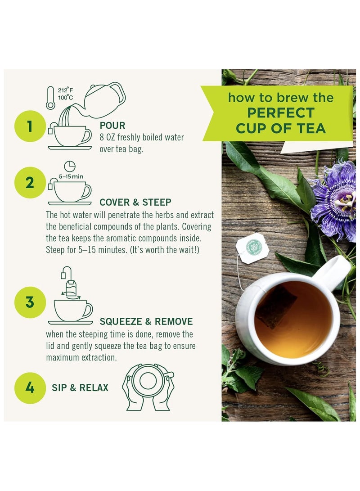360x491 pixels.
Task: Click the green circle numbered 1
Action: (x=30, y=126)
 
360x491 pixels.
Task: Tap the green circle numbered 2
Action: (x=30, y=183)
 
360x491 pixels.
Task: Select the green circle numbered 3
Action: (x=30, y=302)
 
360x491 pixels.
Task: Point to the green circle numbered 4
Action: (x=30, y=387)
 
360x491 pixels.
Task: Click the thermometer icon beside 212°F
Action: (x=50, y=99)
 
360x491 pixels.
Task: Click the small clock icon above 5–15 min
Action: (x=70, y=166)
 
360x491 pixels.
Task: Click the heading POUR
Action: (x=112, y=126)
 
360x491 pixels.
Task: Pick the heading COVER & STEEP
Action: (x=135, y=202)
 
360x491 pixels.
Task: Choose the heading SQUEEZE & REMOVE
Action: (x=146, y=321)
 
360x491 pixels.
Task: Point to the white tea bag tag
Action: (x=252, y=248)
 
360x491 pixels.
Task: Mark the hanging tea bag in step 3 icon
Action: (x=71, y=285)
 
